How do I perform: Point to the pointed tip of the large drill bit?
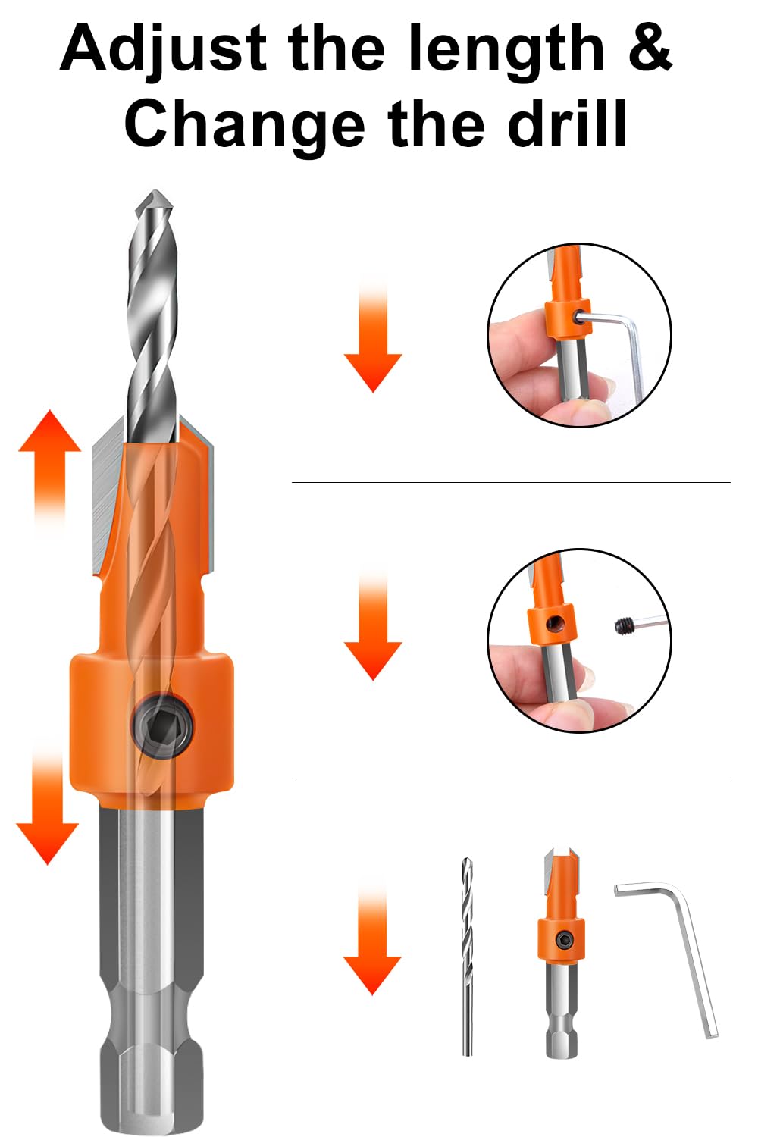click(x=155, y=199)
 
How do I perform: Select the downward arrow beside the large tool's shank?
click(x=47, y=811)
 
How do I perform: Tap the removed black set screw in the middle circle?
click(x=625, y=625)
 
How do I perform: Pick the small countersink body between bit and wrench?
click(x=561, y=947)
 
